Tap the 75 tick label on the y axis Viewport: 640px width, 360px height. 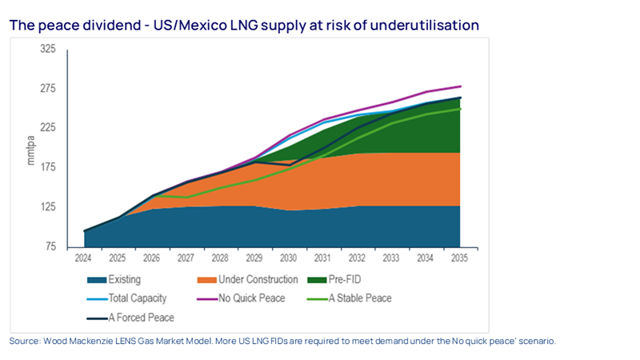50,246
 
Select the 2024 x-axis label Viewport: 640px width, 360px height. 84,259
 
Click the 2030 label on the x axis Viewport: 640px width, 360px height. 289,259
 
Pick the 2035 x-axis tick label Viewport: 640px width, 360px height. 459,259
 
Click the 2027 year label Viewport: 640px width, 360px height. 186,259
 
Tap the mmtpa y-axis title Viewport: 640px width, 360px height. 31,150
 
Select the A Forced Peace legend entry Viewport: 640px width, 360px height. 141,317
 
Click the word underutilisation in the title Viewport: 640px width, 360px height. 432,26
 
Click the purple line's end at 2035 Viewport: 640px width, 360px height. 461,86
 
